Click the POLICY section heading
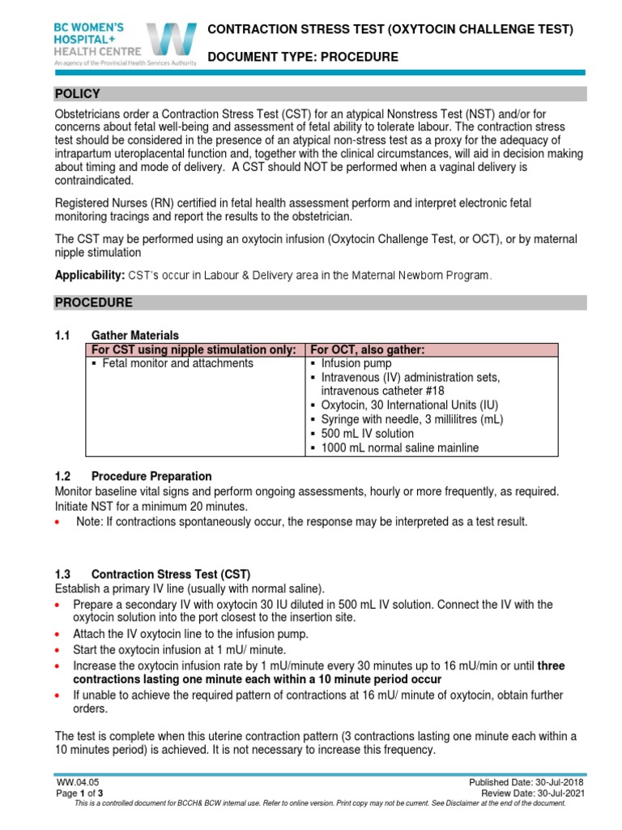(77, 94)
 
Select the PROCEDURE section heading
(93, 302)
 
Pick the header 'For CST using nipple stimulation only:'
(194, 349)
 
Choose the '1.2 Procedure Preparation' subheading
(151, 476)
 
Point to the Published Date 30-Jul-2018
(526, 781)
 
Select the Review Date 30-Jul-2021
(531, 793)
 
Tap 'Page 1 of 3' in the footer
(79, 793)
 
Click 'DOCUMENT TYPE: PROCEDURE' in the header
(303, 57)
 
